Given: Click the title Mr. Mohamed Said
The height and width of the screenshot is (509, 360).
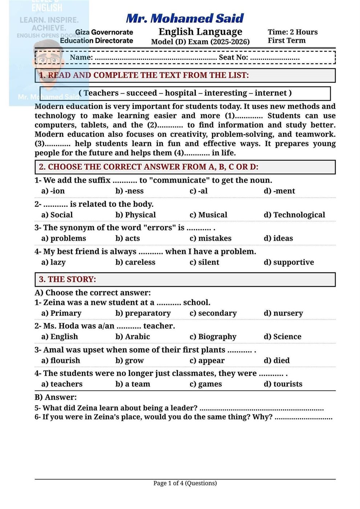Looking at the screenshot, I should pyautogui.click(x=185, y=18).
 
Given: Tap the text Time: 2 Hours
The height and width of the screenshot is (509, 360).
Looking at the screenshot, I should pyautogui.click(x=292, y=32).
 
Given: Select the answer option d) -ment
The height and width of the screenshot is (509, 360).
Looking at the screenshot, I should pyautogui.click(x=279, y=191).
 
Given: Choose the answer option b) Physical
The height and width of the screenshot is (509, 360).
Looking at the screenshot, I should pyautogui.click(x=135, y=215).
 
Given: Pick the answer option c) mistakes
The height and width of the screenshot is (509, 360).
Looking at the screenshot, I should pyautogui.click(x=210, y=239).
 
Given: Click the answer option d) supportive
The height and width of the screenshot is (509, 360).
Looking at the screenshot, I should pyautogui.click(x=288, y=262).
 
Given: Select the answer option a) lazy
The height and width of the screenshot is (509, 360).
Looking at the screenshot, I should pyautogui.click(x=53, y=262).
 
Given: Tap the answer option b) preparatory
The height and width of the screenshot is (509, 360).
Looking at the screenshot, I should pyautogui.click(x=143, y=313).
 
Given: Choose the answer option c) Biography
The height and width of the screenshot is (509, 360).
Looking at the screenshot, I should pyautogui.click(x=213, y=337).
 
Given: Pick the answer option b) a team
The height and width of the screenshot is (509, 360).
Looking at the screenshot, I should pyautogui.click(x=133, y=384).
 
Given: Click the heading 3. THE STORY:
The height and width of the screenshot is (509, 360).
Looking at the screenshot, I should pyautogui.click(x=68, y=279).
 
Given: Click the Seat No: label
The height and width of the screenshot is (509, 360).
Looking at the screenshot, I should pyautogui.click(x=233, y=57).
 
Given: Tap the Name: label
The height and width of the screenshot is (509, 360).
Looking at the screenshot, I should pyautogui.click(x=81, y=57).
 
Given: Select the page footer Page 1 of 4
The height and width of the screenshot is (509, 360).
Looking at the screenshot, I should pyautogui.click(x=185, y=483).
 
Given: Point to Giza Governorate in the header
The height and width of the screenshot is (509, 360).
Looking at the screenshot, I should pyautogui.click(x=104, y=32).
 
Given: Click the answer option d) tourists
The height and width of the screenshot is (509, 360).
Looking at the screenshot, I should pyautogui.click(x=283, y=384).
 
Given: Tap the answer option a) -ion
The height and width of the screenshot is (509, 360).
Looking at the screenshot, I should pyautogui.click(x=53, y=191).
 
